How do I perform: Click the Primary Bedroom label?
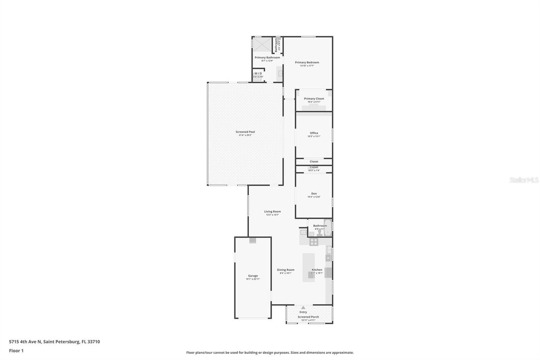tap(307, 62)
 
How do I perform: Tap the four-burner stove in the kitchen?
tap(314, 242)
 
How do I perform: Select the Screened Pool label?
tap(245, 132)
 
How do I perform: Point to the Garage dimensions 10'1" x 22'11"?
tap(253, 279)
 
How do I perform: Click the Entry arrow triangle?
tap(303, 308)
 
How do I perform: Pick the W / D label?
tap(258, 73)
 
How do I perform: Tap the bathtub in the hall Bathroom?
tap(328, 228)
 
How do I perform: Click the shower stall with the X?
tap(262, 45)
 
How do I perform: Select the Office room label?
tap(314, 133)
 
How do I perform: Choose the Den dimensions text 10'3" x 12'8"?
tap(314, 197)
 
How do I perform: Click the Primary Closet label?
tap(314, 99)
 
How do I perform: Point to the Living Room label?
tap(272, 212)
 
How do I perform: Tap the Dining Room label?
tap(286, 270)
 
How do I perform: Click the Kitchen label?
tap(317, 270)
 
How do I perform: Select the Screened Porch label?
tap(308, 317)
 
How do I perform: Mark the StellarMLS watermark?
tap(524, 180)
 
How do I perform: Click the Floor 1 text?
tap(16, 351)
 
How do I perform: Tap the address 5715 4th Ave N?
tap(25, 342)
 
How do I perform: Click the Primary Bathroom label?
tap(267, 57)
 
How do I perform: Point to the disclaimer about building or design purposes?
tap(270, 353)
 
